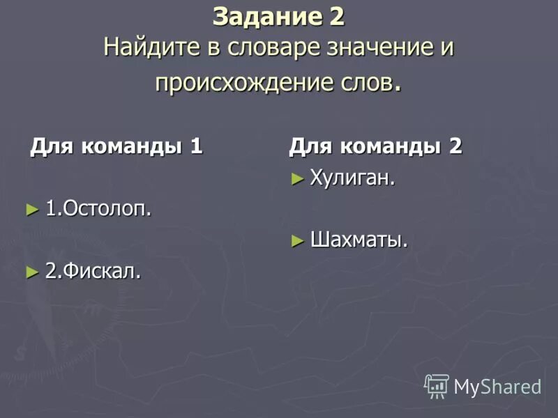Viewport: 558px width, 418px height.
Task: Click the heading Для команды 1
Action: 116,146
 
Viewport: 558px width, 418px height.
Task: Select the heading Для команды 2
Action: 375,146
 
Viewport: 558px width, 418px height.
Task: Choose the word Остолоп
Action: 105,208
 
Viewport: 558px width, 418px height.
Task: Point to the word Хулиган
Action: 352,178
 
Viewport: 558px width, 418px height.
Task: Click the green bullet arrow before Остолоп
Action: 31,208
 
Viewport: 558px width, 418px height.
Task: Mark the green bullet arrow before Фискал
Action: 31,271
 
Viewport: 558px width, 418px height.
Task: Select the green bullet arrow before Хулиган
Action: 297,179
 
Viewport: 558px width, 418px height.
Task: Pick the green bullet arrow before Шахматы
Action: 297,241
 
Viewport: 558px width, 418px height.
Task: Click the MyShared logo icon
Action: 437,386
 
